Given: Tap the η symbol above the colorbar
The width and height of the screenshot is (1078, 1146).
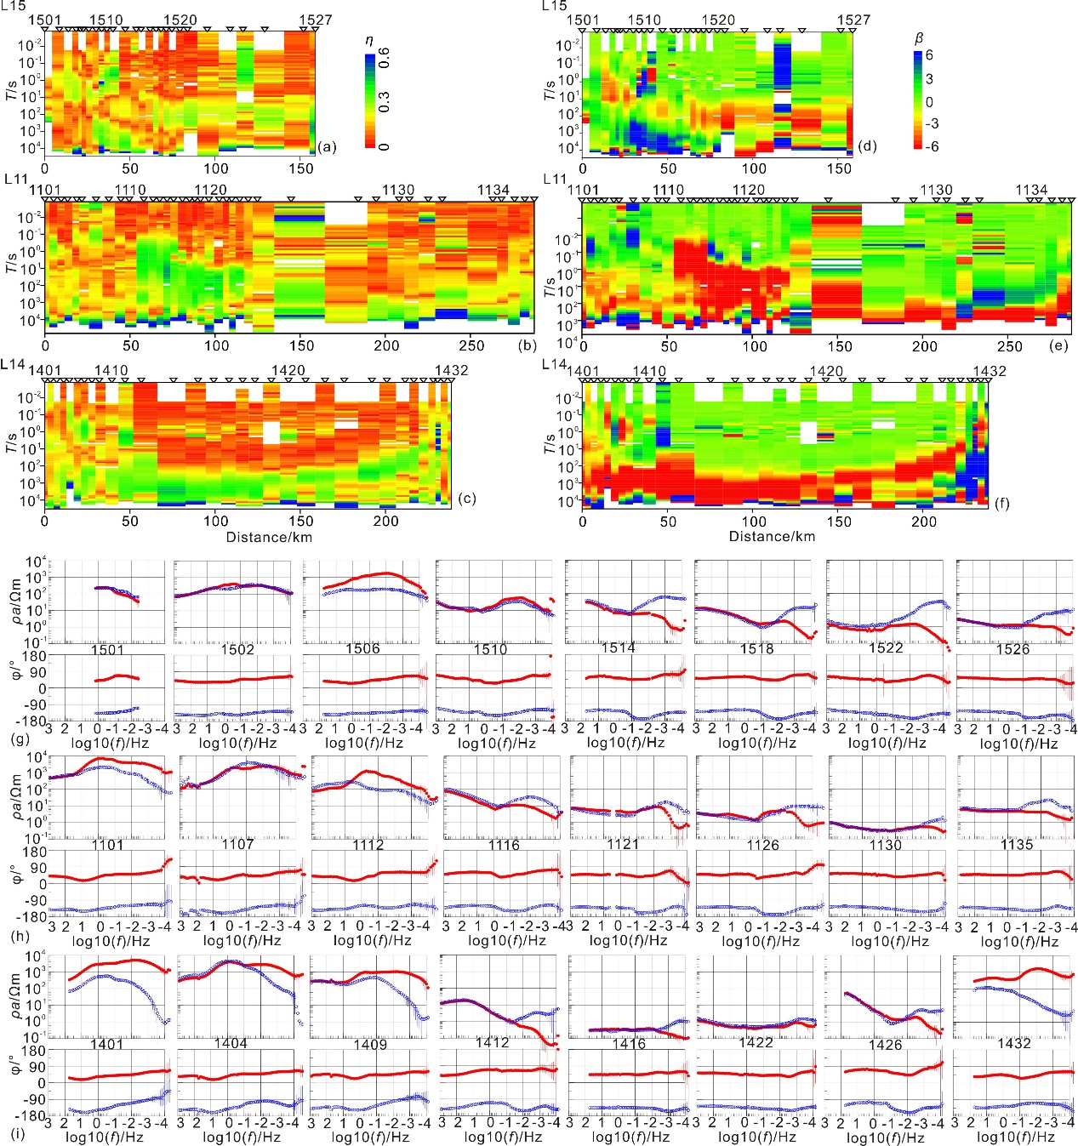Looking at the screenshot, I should tap(368, 41).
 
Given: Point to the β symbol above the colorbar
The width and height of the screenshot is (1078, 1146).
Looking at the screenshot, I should tap(918, 38).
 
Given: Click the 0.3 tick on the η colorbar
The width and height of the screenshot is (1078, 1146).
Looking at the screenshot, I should tap(385, 102).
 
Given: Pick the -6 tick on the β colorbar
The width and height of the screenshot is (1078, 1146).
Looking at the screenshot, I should tap(932, 146).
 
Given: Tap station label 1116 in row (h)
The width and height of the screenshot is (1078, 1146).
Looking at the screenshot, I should tap(504, 845).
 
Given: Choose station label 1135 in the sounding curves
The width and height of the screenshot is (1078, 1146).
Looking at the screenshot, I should tap(1017, 845).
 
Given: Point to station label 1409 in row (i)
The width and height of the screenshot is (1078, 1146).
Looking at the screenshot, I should tap(370, 1044).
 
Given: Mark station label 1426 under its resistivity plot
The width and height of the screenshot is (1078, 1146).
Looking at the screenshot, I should tap(885, 1044).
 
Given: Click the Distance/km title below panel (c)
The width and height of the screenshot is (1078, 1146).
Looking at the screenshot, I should tap(269, 537).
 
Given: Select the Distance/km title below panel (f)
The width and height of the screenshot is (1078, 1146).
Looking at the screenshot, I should tap(772, 536).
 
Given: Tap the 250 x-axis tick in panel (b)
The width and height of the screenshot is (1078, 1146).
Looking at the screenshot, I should tap(471, 346).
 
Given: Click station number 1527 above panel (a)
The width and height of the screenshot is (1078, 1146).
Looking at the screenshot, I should tap(316, 20).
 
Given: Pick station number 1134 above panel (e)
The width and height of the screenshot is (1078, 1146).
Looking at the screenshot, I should tap(1031, 190).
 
